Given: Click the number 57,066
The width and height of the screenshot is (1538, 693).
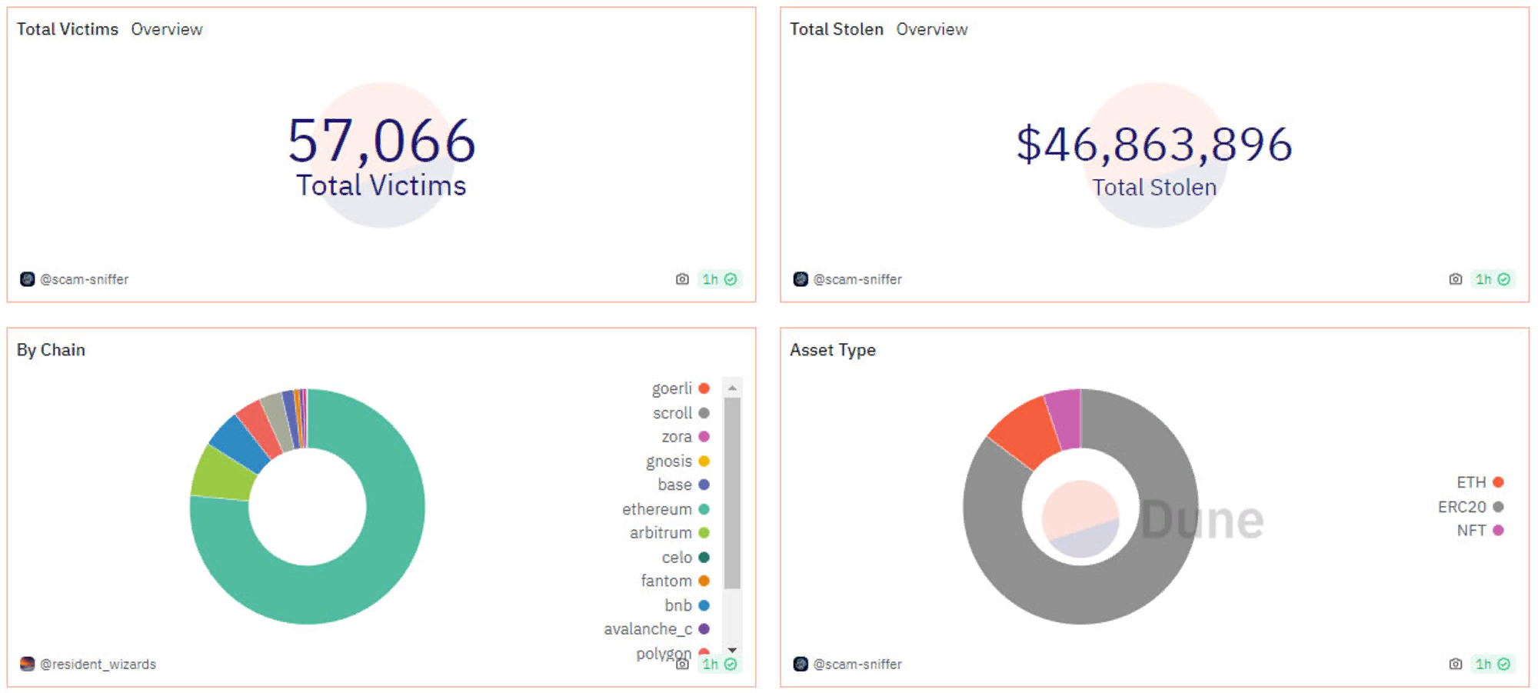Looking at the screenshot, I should [381, 142].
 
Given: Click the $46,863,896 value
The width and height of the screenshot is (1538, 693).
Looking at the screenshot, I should [1153, 145].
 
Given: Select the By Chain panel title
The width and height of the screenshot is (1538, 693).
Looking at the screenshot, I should [51, 350].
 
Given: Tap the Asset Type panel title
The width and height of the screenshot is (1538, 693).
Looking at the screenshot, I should [832, 350].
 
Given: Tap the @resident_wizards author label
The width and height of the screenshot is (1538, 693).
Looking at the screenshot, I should [98, 665].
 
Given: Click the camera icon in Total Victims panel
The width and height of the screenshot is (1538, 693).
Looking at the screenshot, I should [682, 279].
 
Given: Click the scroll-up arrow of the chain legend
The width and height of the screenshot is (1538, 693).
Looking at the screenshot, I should [732, 388].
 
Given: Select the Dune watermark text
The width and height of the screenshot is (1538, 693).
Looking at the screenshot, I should [1201, 520].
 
